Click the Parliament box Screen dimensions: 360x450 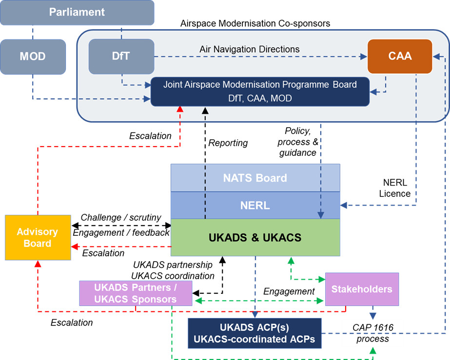tap(77, 12)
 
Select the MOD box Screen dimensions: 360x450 tap(33, 57)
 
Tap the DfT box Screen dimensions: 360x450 tap(121, 57)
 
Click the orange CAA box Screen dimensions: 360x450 tap(400, 57)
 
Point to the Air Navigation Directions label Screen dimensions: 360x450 tap(249, 49)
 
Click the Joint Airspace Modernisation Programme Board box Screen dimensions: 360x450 tap(259, 91)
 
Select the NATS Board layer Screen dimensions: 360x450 tap(255, 178)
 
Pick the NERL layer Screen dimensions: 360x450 tap(255, 205)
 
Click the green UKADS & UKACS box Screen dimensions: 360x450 tap(255, 238)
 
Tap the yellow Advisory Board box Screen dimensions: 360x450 tap(38, 237)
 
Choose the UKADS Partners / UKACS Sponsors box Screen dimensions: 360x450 tap(136, 293)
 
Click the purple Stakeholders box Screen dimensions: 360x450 tap(362, 289)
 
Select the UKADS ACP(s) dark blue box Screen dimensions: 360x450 tap(254, 333)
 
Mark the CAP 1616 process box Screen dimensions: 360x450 tap(372, 333)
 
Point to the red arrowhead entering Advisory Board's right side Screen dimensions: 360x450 tap(75, 246)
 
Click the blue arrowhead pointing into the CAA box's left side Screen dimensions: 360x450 tap(363, 57)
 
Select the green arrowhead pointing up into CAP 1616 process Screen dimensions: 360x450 tap(372, 350)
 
